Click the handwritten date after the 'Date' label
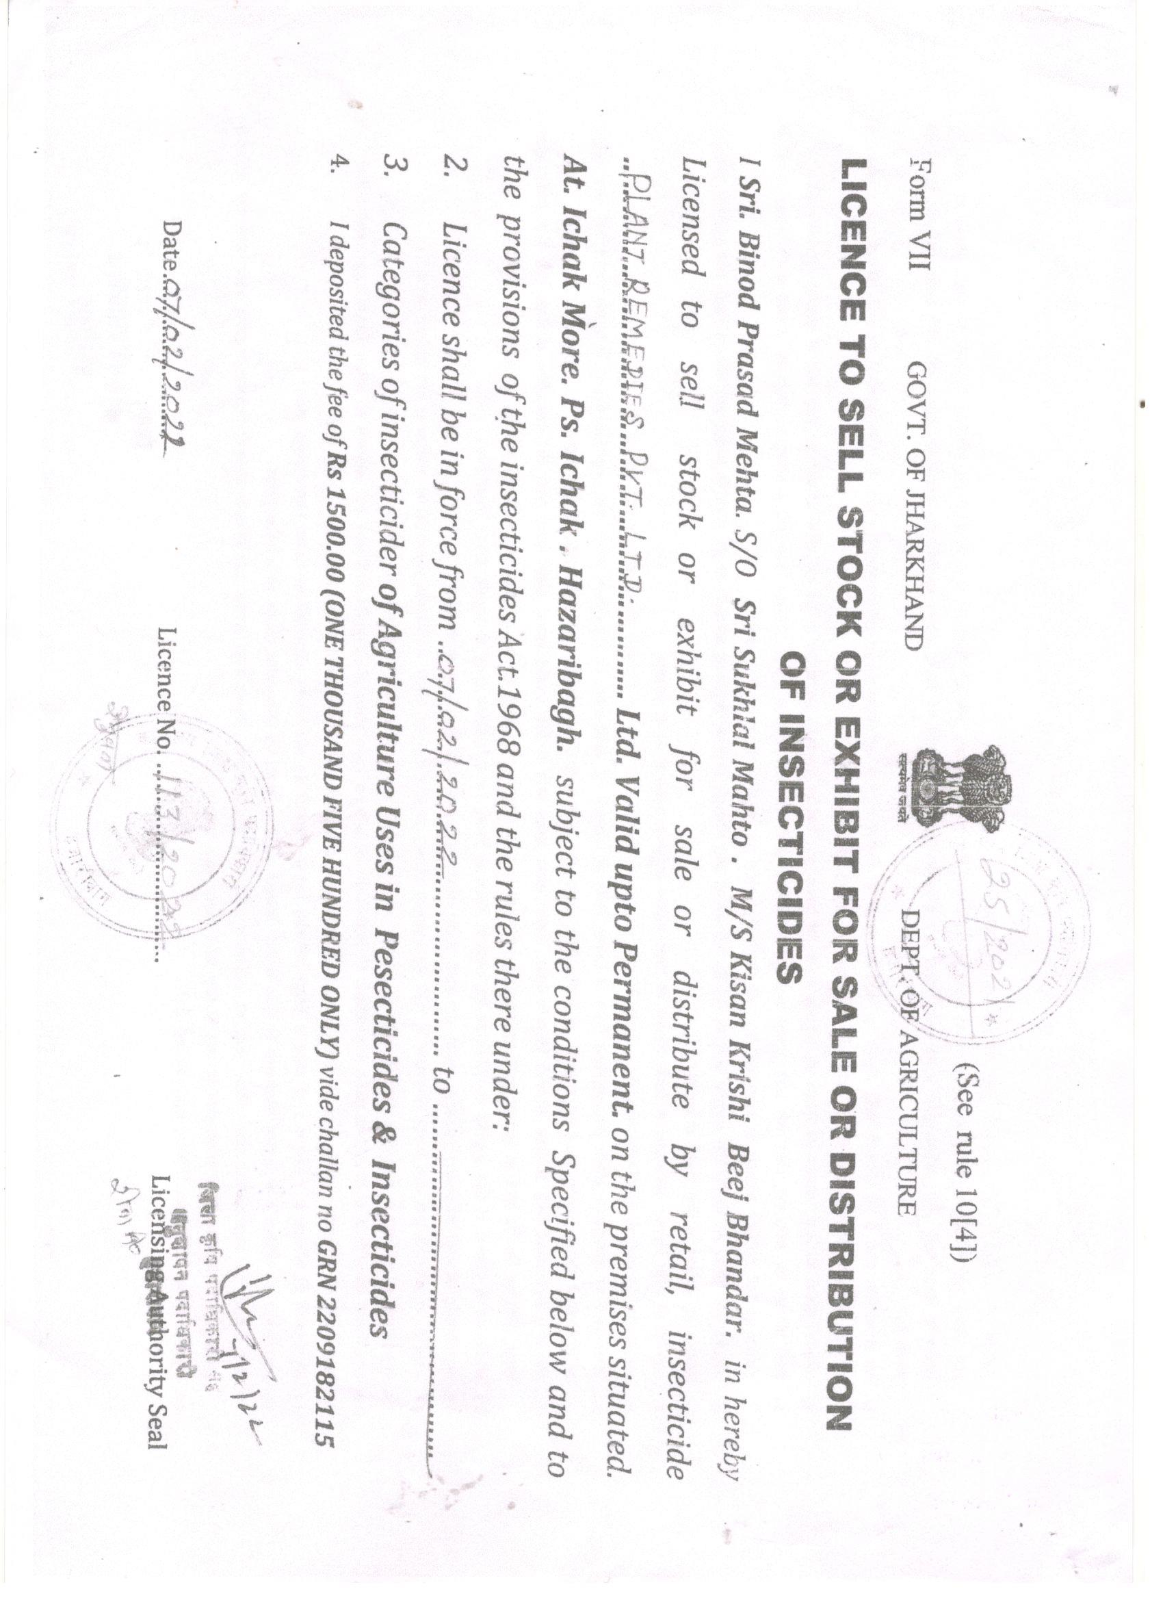(169, 366)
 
